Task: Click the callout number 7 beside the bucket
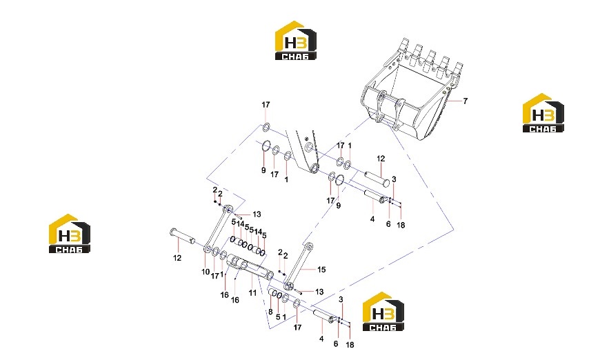[465, 101]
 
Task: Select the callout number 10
[206, 272]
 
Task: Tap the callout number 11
[252, 292]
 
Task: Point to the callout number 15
[321, 270]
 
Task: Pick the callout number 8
[270, 312]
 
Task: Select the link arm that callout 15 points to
[299, 266]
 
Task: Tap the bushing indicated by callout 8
[272, 292]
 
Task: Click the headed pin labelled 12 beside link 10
[183, 236]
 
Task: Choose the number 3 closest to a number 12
[394, 179]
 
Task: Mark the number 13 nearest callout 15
[319, 292]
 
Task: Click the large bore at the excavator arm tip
[314, 167]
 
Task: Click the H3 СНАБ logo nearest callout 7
[543, 112]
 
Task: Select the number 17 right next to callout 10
[215, 276]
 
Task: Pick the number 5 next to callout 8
[278, 317]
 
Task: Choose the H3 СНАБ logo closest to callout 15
[383, 311]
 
